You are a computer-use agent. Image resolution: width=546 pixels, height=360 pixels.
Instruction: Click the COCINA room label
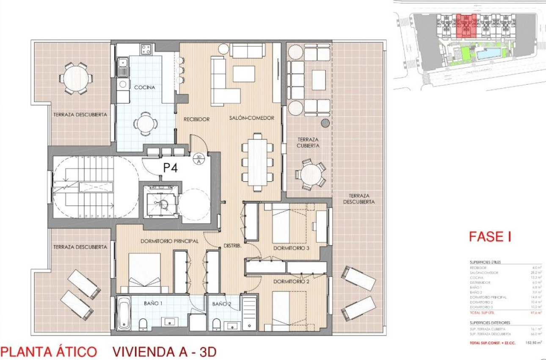tap(144, 87)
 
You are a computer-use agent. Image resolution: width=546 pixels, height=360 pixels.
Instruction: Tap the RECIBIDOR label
tap(196, 119)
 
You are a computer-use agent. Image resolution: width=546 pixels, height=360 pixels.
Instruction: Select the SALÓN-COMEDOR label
tap(252, 118)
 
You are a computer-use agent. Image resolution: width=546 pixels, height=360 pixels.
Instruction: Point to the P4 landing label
tap(170, 168)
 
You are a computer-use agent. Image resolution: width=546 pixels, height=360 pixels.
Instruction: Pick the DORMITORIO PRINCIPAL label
tap(170, 241)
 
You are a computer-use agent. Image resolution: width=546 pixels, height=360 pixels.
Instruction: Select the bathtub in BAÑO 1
tap(124, 313)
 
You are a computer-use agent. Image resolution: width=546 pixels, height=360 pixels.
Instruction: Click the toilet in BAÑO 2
tap(217, 324)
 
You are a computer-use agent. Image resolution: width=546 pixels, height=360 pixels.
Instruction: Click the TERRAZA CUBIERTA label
tap(308, 142)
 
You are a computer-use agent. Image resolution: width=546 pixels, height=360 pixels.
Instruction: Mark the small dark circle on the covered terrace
tap(325, 123)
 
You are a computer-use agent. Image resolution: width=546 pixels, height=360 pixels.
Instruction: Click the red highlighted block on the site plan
tap(466, 25)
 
